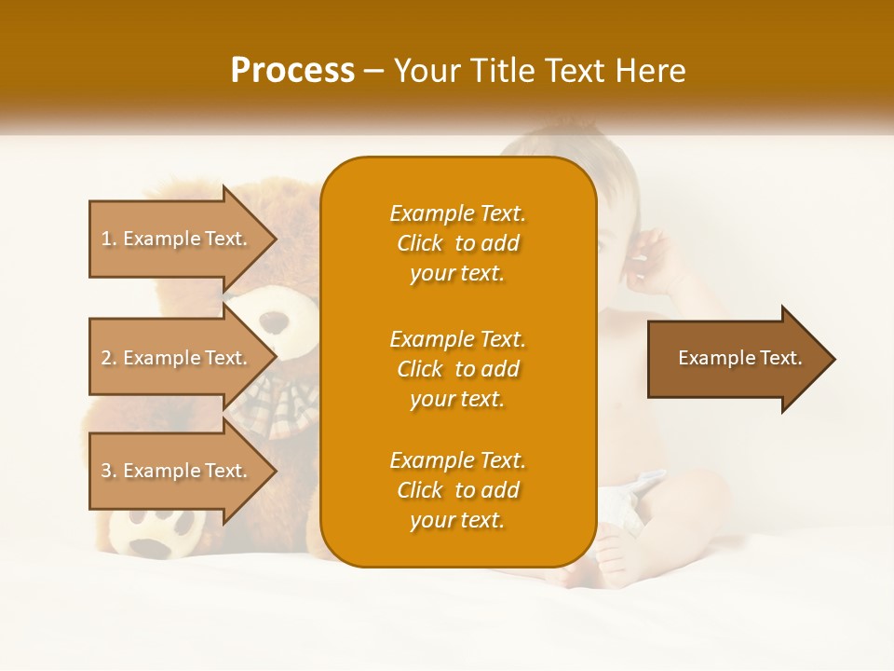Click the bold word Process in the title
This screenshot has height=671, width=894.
[x=292, y=71]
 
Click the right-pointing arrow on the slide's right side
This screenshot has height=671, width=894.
[x=740, y=358]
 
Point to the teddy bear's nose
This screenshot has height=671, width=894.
[x=274, y=323]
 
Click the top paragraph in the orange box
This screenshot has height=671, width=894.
[x=457, y=243]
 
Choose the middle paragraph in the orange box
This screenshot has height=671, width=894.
[x=457, y=369]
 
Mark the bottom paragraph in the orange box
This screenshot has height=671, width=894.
[x=457, y=490]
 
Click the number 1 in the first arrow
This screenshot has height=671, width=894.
[x=106, y=239]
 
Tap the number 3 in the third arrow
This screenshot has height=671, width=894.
[x=106, y=471]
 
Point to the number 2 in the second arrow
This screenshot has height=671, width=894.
[x=106, y=358]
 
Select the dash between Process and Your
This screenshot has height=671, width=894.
[x=374, y=72]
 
